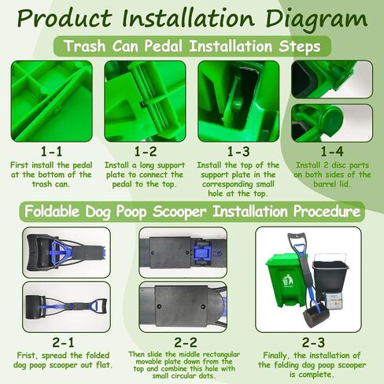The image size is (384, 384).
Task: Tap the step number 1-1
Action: pyautogui.click(x=51, y=152)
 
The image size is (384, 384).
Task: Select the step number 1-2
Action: pyautogui.click(x=146, y=152)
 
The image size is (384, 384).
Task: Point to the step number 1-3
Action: pyautogui.click(x=238, y=152)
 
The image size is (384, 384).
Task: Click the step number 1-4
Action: pyautogui.click(x=332, y=152)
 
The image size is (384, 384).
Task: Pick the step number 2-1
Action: pyautogui.click(x=63, y=342)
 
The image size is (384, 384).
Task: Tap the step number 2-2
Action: pyautogui.click(x=186, y=342)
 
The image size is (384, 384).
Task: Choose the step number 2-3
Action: pyautogui.click(x=313, y=342)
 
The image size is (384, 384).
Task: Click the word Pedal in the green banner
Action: pyautogui.click(x=163, y=46)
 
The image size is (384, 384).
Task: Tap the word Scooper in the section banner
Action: pyautogui.click(x=179, y=212)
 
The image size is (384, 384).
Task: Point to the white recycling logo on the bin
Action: pyautogui.click(x=288, y=280)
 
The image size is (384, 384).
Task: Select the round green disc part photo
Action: pyautogui.click(x=332, y=123)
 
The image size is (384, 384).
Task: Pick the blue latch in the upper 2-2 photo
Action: pyautogui.click(x=201, y=253)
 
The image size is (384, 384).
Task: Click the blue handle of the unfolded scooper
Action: pyautogui.click(x=94, y=305)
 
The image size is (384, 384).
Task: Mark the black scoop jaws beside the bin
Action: pyautogui.click(x=314, y=317)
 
